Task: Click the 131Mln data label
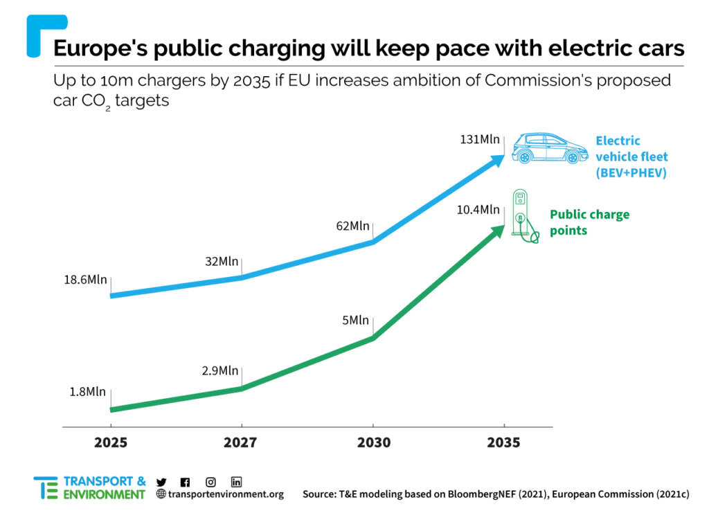tap(480, 139)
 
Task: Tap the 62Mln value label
tap(352, 226)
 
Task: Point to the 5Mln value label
tap(356, 320)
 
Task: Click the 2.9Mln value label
tap(220, 370)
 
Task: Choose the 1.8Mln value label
tap(88, 392)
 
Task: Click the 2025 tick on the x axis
tap(111, 442)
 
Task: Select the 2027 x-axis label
tap(241, 442)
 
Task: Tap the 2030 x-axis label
tap(373, 442)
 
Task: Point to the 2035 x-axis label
tap(504, 442)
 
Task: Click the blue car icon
tap(545, 148)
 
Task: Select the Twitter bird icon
tap(161, 482)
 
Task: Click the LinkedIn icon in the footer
tap(236, 482)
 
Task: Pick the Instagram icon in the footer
tap(211, 482)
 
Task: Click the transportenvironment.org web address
tap(220, 494)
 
